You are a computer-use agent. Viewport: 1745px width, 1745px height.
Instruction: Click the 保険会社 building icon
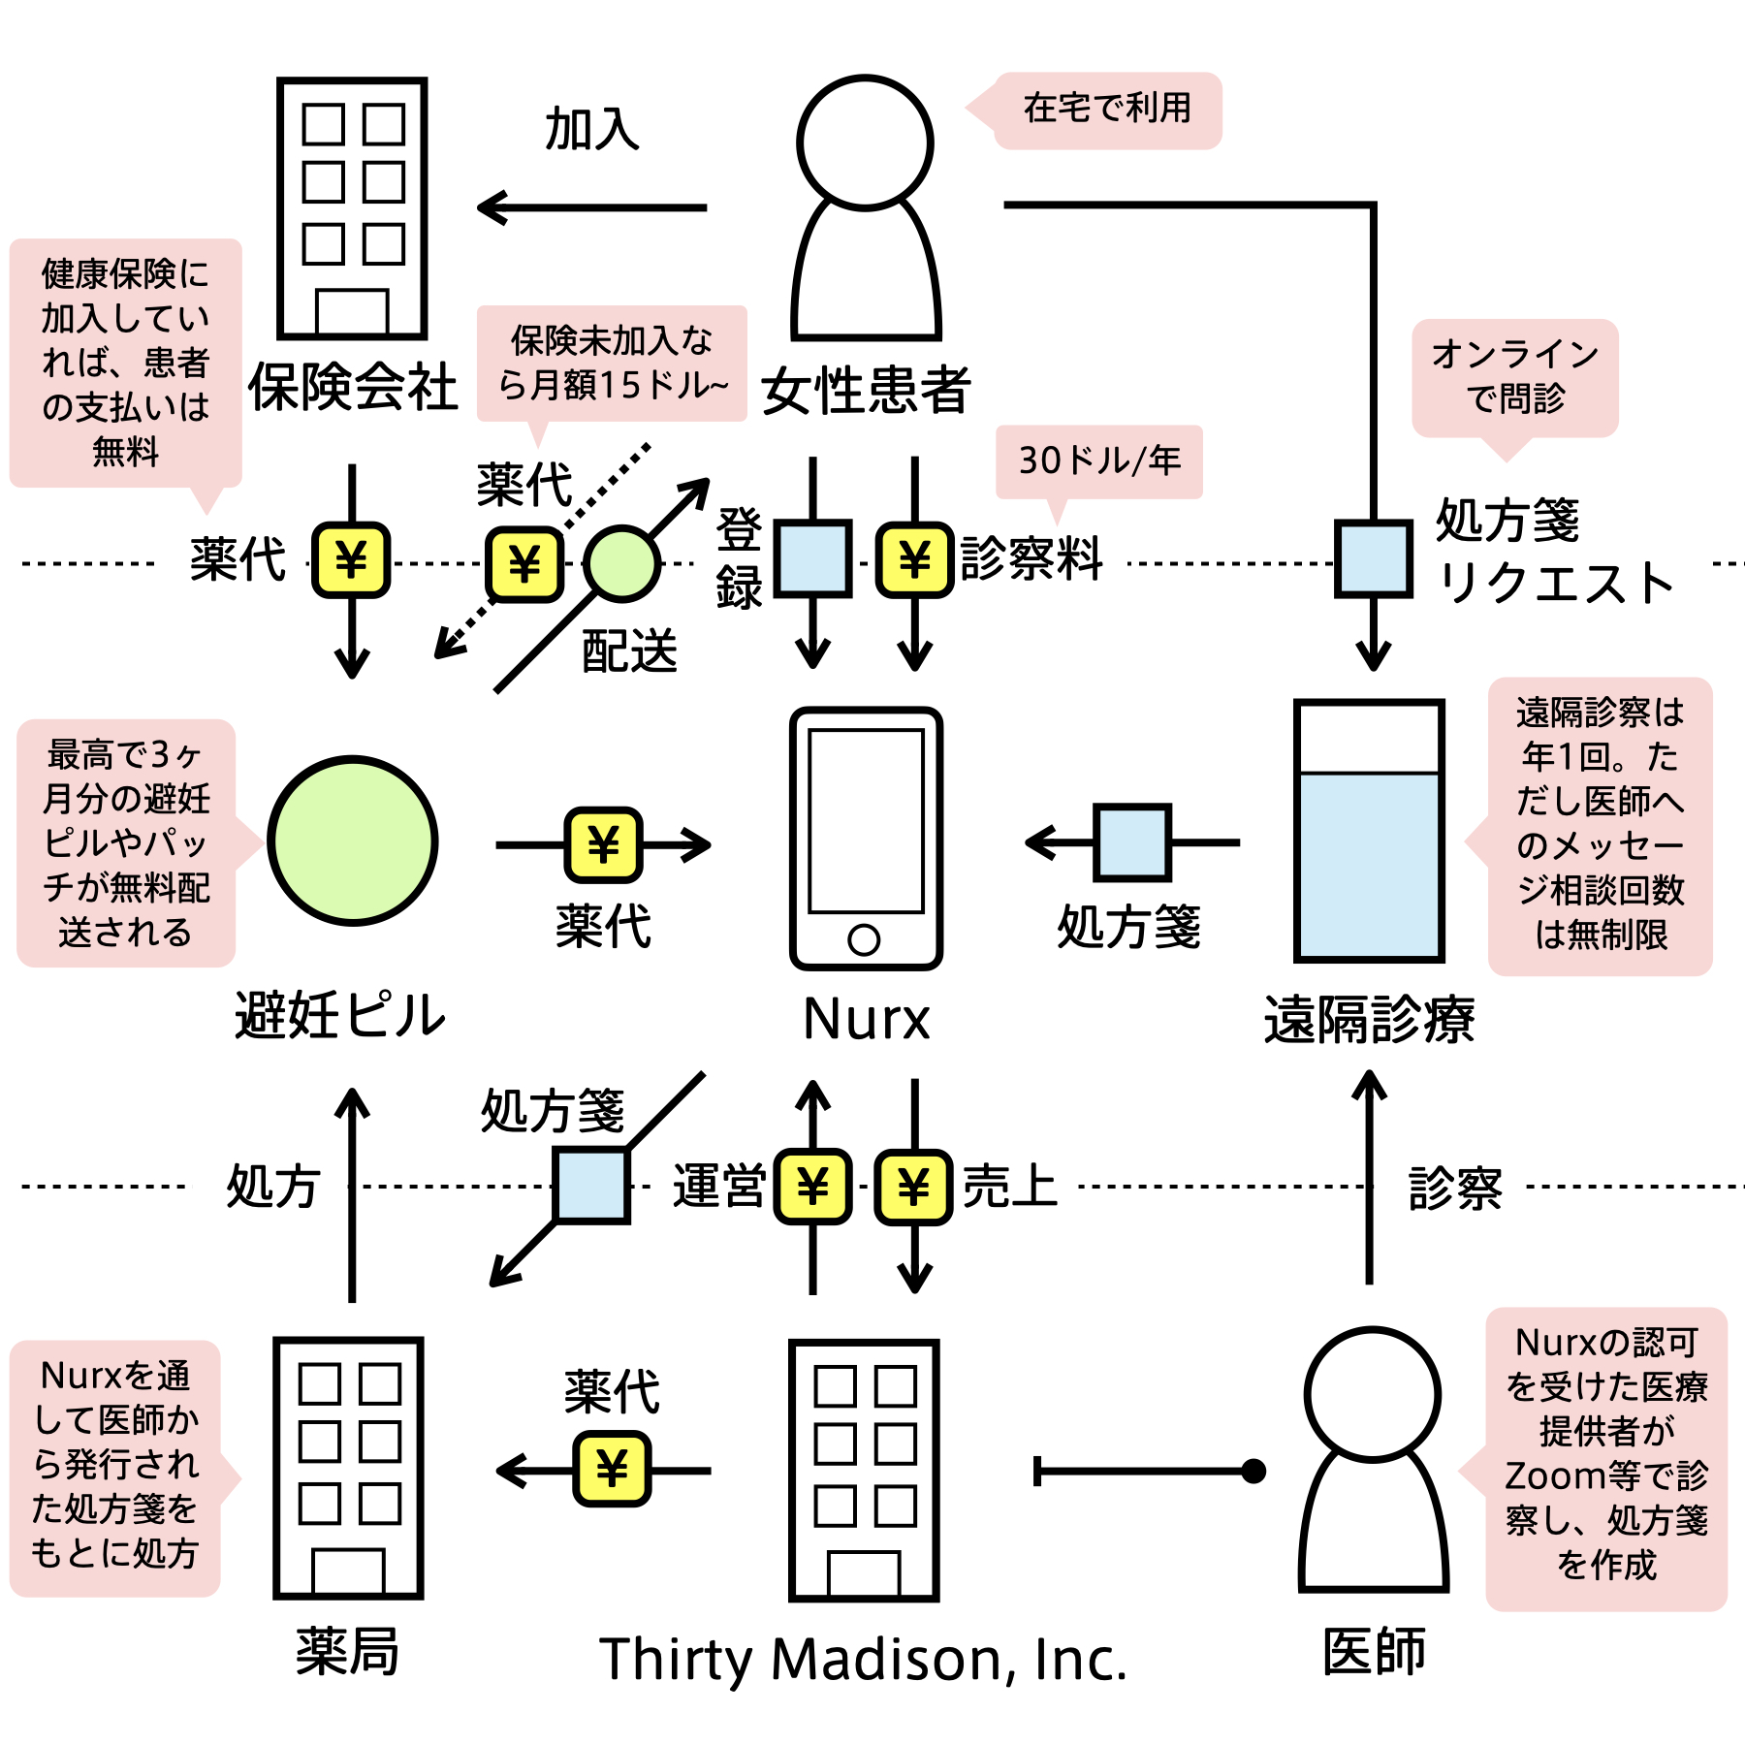pos(352,207)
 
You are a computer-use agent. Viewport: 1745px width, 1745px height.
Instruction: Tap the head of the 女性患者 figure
pos(865,143)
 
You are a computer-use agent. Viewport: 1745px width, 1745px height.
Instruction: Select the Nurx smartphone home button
pos(864,938)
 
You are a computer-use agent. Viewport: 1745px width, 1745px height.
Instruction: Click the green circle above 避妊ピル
pos(353,841)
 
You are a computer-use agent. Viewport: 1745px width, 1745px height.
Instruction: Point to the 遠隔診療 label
pos(1369,1019)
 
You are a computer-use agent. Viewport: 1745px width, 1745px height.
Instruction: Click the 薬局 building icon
pos(348,1468)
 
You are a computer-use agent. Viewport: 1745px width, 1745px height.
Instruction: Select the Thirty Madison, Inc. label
pos(863,1660)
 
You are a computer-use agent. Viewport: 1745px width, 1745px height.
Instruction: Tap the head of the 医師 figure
pos(1372,1394)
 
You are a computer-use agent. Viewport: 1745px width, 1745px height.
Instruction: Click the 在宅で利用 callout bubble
pos(1107,109)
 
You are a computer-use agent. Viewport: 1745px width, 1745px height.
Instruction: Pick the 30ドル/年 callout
pos(1099,460)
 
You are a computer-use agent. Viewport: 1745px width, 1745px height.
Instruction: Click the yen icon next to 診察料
pos(914,559)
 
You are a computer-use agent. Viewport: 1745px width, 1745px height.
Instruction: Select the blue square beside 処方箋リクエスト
pos(1373,558)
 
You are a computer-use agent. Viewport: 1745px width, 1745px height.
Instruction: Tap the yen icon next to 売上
pos(913,1187)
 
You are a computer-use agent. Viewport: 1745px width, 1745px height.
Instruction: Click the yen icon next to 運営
pos(812,1187)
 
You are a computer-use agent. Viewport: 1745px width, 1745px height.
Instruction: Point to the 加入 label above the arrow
pos(591,129)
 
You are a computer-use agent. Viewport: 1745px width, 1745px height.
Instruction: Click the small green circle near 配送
pos(621,563)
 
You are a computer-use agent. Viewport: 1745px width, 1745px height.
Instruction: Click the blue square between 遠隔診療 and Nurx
pos(1131,841)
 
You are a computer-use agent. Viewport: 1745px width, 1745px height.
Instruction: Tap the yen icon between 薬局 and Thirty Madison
pos(612,1469)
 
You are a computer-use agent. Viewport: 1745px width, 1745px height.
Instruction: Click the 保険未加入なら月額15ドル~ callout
pos(612,364)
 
